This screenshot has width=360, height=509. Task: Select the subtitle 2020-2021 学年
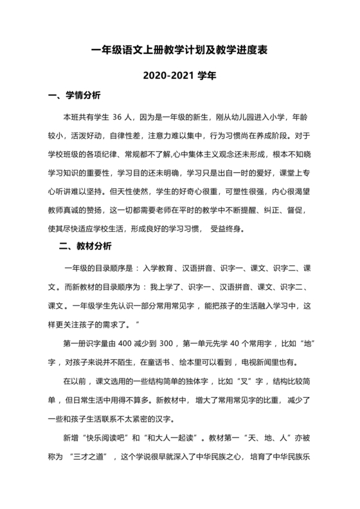tap(179, 75)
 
